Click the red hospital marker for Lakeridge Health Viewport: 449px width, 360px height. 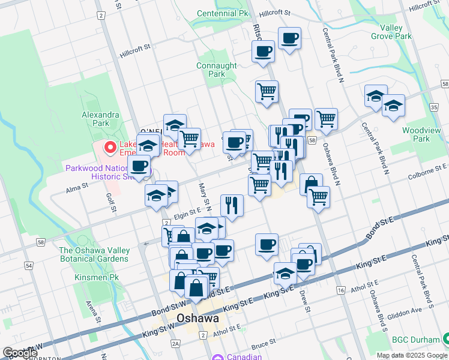coord(110,146)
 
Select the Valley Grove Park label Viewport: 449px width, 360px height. coord(396,32)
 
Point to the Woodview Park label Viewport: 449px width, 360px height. coord(417,134)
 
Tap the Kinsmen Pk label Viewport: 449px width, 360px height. coord(93,278)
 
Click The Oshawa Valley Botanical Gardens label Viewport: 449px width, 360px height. coord(94,254)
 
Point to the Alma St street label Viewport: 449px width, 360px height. coord(77,187)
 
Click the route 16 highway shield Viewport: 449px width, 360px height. coord(341,290)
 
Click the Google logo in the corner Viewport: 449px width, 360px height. coord(20,353)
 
